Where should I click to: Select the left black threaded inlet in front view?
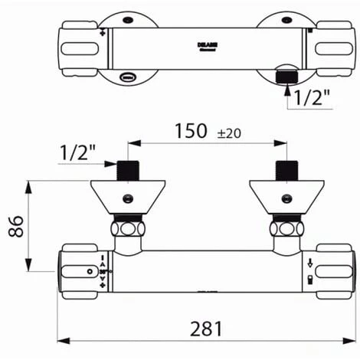click(127, 171)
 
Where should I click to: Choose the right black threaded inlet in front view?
click(286, 171)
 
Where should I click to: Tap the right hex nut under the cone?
click(286, 228)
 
